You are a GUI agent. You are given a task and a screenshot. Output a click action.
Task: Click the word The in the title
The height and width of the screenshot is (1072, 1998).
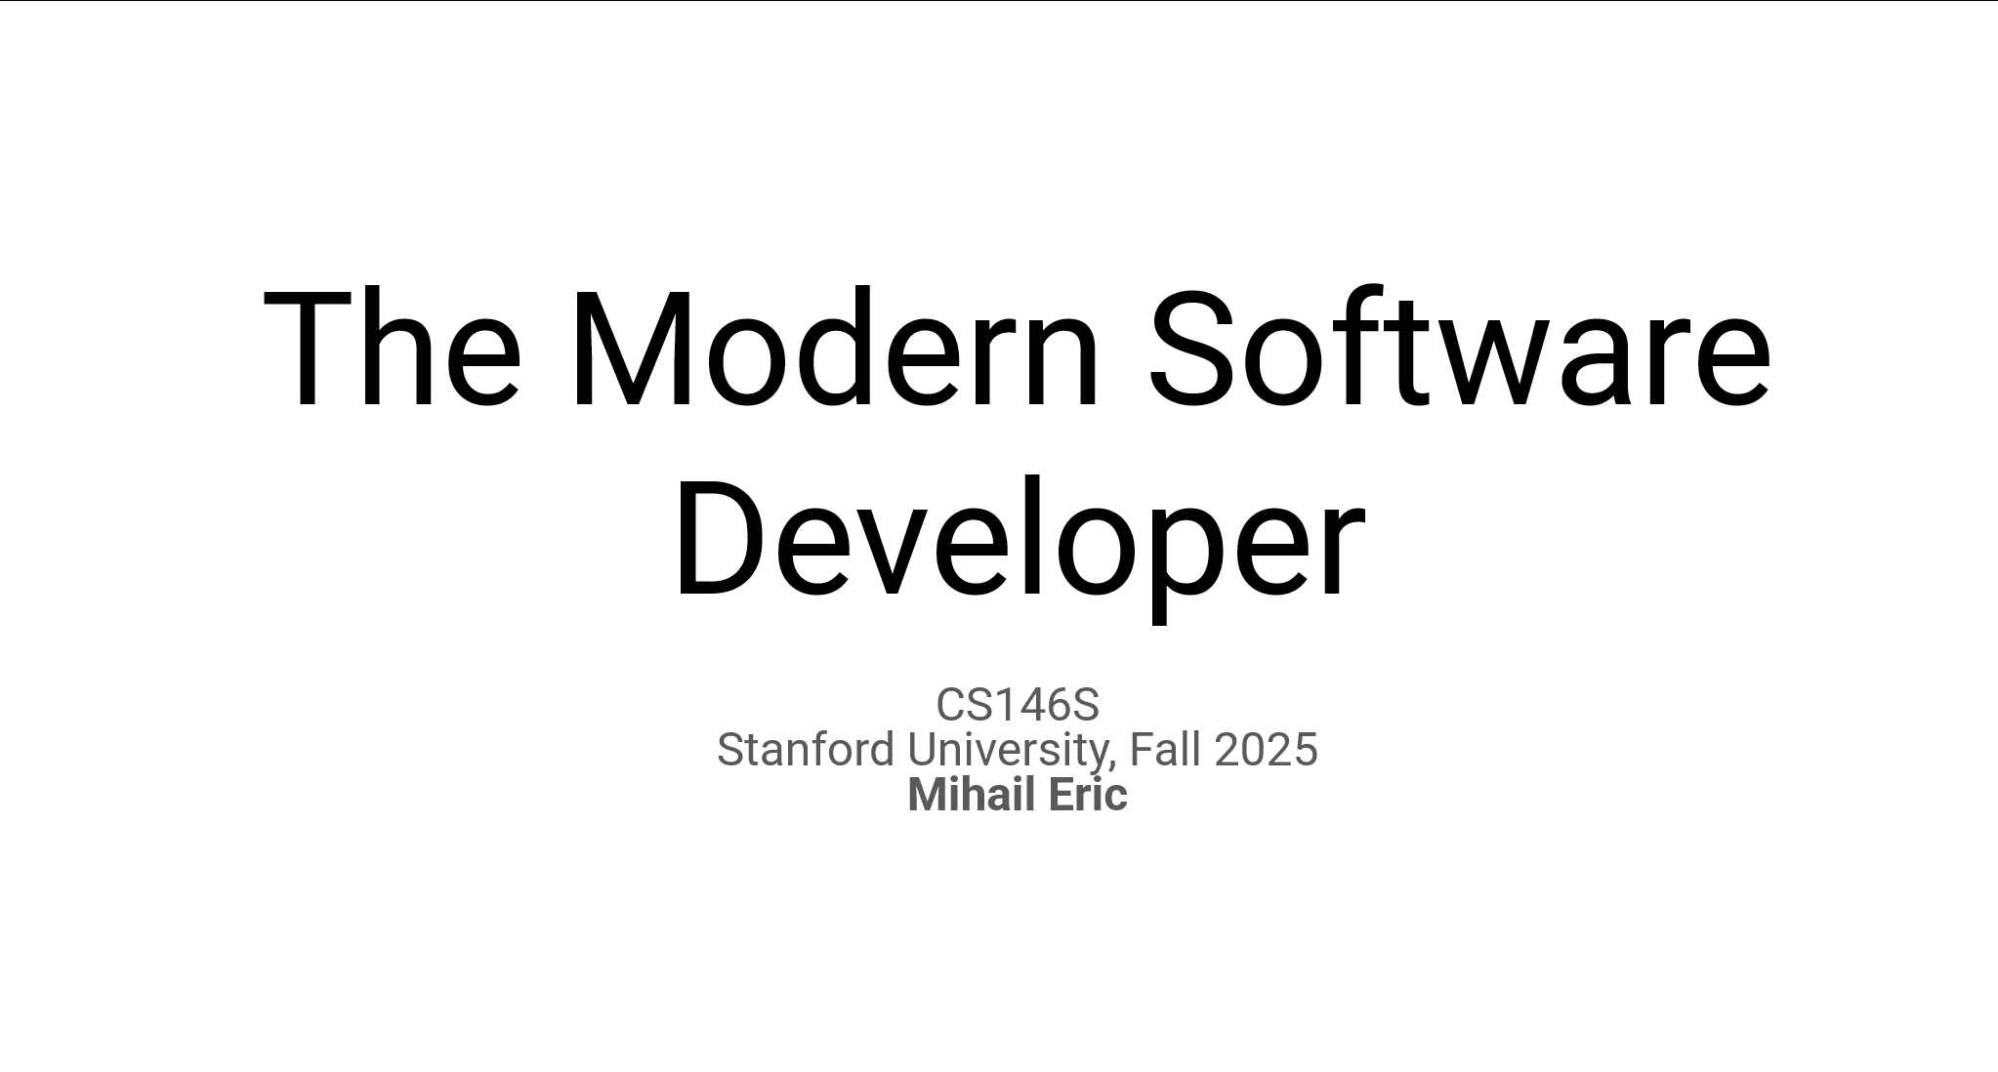tap(393, 348)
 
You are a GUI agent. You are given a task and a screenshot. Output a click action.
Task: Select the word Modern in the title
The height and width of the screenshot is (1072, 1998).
tap(835, 348)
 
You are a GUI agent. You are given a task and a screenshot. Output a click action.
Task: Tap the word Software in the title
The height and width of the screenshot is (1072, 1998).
tap(1460, 348)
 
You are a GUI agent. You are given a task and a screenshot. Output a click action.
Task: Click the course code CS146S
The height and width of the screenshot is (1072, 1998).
tap(1018, 704)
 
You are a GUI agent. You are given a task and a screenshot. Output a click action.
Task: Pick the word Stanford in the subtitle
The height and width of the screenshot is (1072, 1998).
tap(806, 750)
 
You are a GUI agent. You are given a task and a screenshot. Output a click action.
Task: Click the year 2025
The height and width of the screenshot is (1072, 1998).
tap(1267, 750)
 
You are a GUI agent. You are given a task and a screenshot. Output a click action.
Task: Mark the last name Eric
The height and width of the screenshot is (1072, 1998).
tap(1089, 795)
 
